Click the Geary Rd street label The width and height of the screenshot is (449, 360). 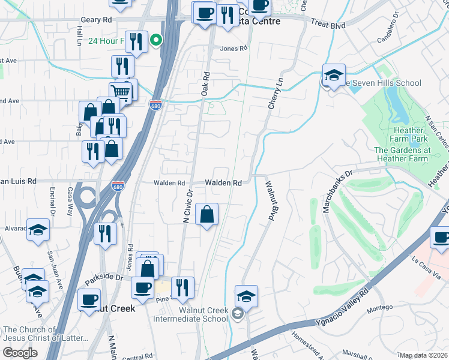point(96,20)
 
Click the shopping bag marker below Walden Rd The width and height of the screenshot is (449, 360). point(206,214)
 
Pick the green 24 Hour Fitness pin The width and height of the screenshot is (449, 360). point(156,41)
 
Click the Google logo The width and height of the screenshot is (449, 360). point(20,353)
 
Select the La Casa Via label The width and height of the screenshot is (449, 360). point(427,268)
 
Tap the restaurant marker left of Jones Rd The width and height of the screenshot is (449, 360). point(106,233)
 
